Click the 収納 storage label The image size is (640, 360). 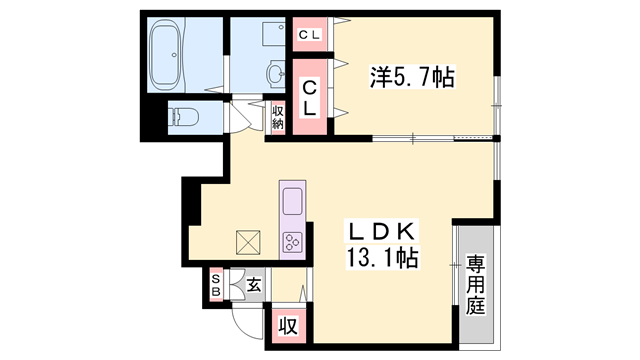277,116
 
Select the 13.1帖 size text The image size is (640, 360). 380,257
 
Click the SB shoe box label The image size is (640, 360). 215,286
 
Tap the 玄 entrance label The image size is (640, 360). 254,286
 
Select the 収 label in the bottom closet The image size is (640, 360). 288,326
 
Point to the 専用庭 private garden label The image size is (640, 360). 475,284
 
